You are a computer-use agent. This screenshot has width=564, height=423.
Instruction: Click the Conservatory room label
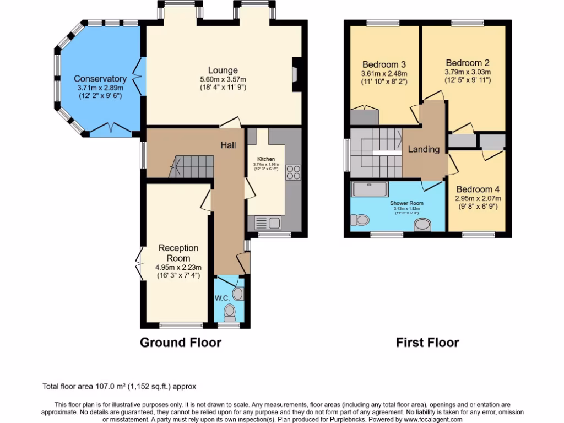pos(100,79)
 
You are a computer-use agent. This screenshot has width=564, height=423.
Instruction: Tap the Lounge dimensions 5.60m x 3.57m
pos(223,79)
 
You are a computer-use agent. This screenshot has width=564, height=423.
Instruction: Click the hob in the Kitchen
pos(292,173)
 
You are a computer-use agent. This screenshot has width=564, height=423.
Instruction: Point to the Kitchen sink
pos(267,223)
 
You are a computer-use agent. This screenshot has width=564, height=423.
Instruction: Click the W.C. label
pos(222,298)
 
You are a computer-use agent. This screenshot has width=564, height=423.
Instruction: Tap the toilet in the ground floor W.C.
pos(230,313)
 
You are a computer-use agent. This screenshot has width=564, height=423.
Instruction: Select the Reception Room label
pos(178,253)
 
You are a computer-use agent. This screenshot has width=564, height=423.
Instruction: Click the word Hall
pos(229,145)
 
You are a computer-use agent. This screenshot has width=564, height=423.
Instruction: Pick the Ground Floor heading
pos(181,343)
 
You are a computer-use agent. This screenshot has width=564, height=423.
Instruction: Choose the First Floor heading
pos(427,343)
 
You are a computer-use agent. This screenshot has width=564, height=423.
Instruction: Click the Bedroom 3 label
pos(384,64)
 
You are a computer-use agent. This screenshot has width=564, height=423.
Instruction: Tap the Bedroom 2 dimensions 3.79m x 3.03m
pos(468,72)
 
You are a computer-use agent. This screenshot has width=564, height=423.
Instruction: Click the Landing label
pos(424,149)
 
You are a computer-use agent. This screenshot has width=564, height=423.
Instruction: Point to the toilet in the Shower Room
pos(361,220)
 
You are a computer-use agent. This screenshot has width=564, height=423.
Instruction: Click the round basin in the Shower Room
pos(423,225)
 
